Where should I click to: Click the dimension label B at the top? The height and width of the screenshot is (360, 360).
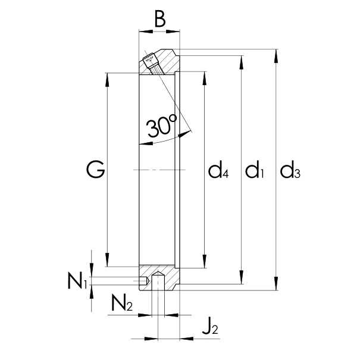pyautogui.click(x=159, y=20)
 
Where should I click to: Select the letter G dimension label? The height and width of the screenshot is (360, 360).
pyautogui.click(x=95, y=171)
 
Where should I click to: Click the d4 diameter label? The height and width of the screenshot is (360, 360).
pyautogui.click(x=218, y=172)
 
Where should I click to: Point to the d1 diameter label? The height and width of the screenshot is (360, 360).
pyautogui.click(x=255, y=172)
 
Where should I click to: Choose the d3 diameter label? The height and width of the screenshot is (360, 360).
pyautogui.click(x=290, y=172)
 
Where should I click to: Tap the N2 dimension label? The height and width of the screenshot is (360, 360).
pyautogui.click(x=121, y=303)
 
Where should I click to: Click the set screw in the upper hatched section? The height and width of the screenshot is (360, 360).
pyautogui.click(x=153, y=64)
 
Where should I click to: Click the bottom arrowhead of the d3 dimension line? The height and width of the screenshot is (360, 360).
pyautogui.click(x=276, y=286)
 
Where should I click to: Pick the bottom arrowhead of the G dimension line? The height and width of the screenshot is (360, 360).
pyautogui.click(x=108, y=263)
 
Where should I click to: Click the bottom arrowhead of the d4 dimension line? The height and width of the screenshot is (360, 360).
pyautogui.click(x=204, y=263)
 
